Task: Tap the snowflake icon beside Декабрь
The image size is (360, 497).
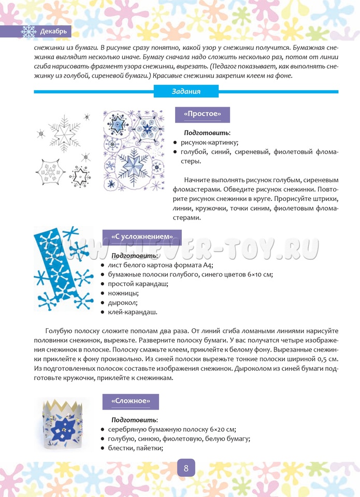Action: click(x=29, y=32)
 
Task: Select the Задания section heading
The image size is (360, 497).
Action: click(x=186, y=92)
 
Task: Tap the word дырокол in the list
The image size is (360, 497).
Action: click(x=120, y=303)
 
